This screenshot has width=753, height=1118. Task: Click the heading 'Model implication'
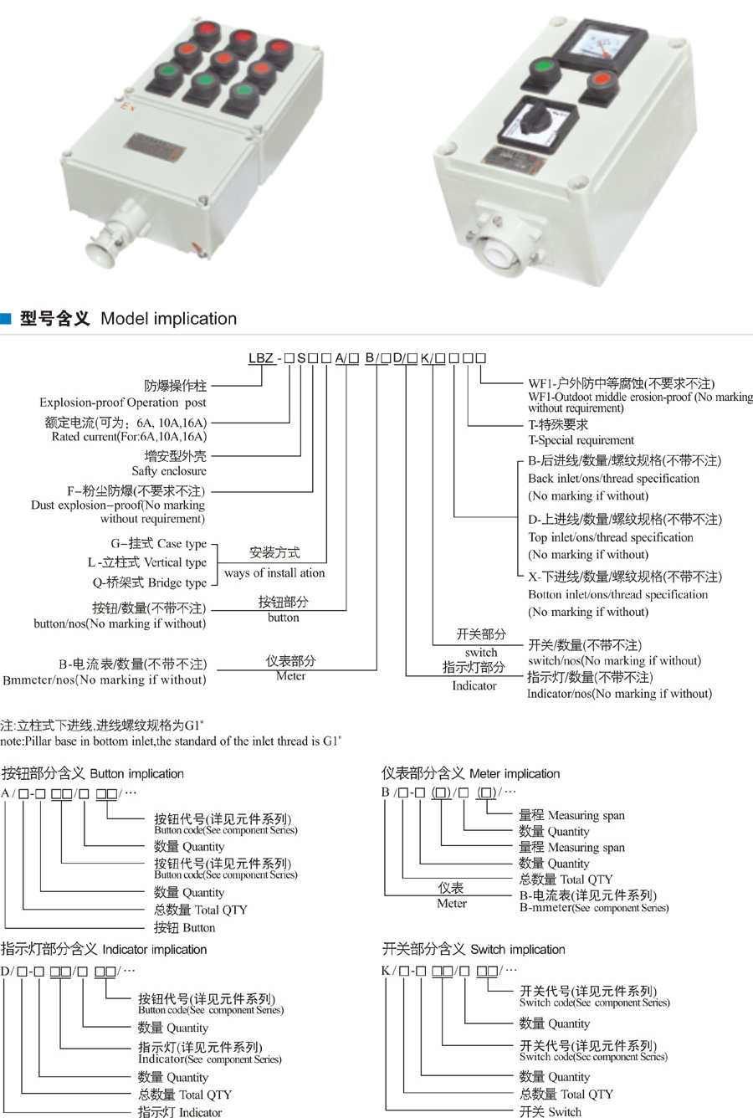(168, 319)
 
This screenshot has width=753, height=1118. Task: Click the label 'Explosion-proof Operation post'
(123, 403)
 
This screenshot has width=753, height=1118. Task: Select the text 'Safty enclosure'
(169, 471)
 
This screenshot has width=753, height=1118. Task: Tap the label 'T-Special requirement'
(581, 440)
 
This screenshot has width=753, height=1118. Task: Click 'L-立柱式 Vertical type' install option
(147, 562)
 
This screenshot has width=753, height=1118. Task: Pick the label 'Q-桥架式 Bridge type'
(149, 582)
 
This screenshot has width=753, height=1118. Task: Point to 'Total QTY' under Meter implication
(566, 880)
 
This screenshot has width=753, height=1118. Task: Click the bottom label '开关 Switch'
(550, 1111)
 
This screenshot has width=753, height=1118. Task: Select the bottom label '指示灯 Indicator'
(180, 1112)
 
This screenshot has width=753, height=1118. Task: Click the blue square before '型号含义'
(6, 319)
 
